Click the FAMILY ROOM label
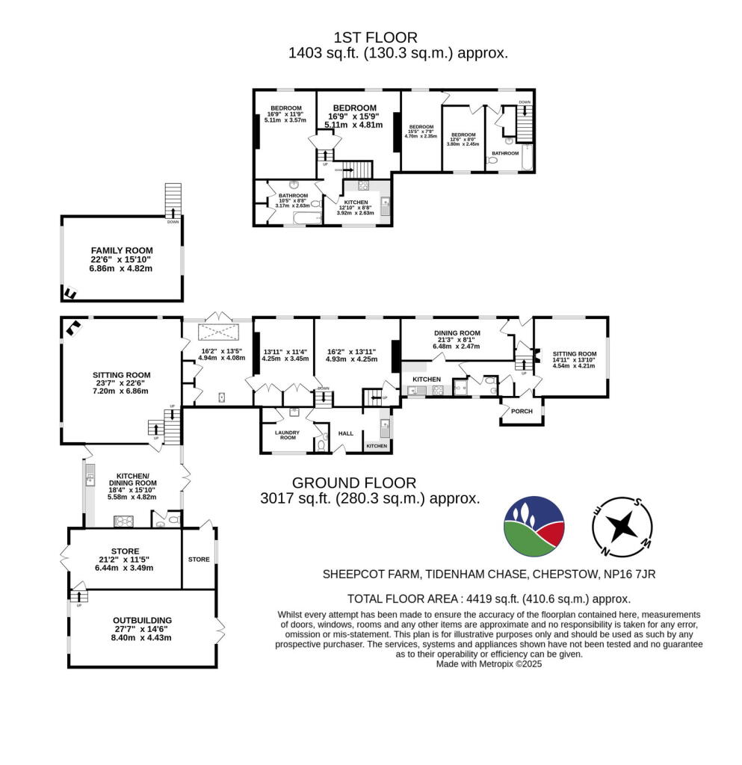pos(121,250)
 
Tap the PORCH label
pos(521,412)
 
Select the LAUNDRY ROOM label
pos(287,435)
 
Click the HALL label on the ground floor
pos(345,433)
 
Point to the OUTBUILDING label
pos(142,620)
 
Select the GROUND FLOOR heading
pos(353,483)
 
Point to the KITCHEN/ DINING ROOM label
pos(136,479)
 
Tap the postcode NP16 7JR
pos(628,574)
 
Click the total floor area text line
pos(489,598)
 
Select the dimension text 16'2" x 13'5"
pos(221,350)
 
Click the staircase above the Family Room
pos(173,198)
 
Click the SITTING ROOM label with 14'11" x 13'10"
pos(575,354)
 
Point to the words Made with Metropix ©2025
pos(489,663)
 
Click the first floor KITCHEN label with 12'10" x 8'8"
pos(355,202)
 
